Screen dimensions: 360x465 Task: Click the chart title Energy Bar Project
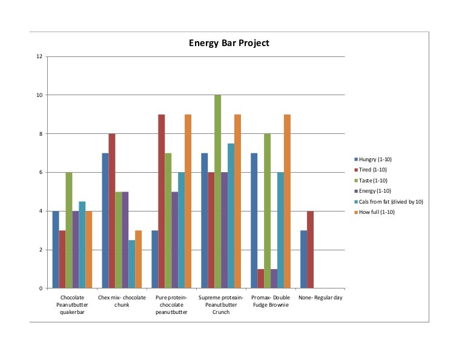click(229, 43)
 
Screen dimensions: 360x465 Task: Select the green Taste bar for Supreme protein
click(218, 192)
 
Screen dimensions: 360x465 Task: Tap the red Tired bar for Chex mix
click(112, 211)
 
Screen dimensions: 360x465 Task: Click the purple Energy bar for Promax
click(274, 279)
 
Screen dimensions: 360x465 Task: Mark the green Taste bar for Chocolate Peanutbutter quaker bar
click(69, 230)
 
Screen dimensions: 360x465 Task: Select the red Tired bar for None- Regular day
click(311, 250)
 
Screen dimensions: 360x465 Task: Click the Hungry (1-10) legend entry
click(375, 159)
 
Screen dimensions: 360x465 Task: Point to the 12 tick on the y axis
click(39, 56)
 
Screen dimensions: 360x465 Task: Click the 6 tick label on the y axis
click(41, 172)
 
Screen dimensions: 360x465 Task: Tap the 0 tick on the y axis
click(41, 288)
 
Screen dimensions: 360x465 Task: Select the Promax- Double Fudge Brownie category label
click(270, 301)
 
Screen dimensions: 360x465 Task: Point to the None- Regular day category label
click(320, 298)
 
